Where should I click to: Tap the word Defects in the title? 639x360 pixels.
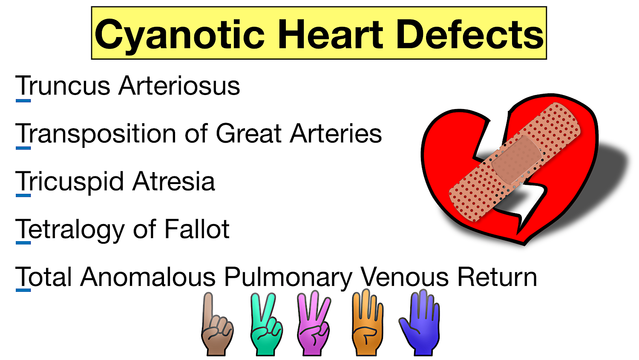(x=470, y=34)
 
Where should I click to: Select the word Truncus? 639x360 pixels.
(x=63, y=86)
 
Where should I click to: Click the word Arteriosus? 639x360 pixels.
(x=179, y=86)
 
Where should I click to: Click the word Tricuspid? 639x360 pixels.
(x=69, y=182)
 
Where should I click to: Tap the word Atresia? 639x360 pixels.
(x=173, y=181)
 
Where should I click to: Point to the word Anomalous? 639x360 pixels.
(x=148, y=277)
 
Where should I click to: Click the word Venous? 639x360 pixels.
(x=405, y=277)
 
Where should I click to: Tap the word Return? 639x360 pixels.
(x=497, y=277)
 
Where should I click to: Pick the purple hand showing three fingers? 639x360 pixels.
(x=314, y=326)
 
